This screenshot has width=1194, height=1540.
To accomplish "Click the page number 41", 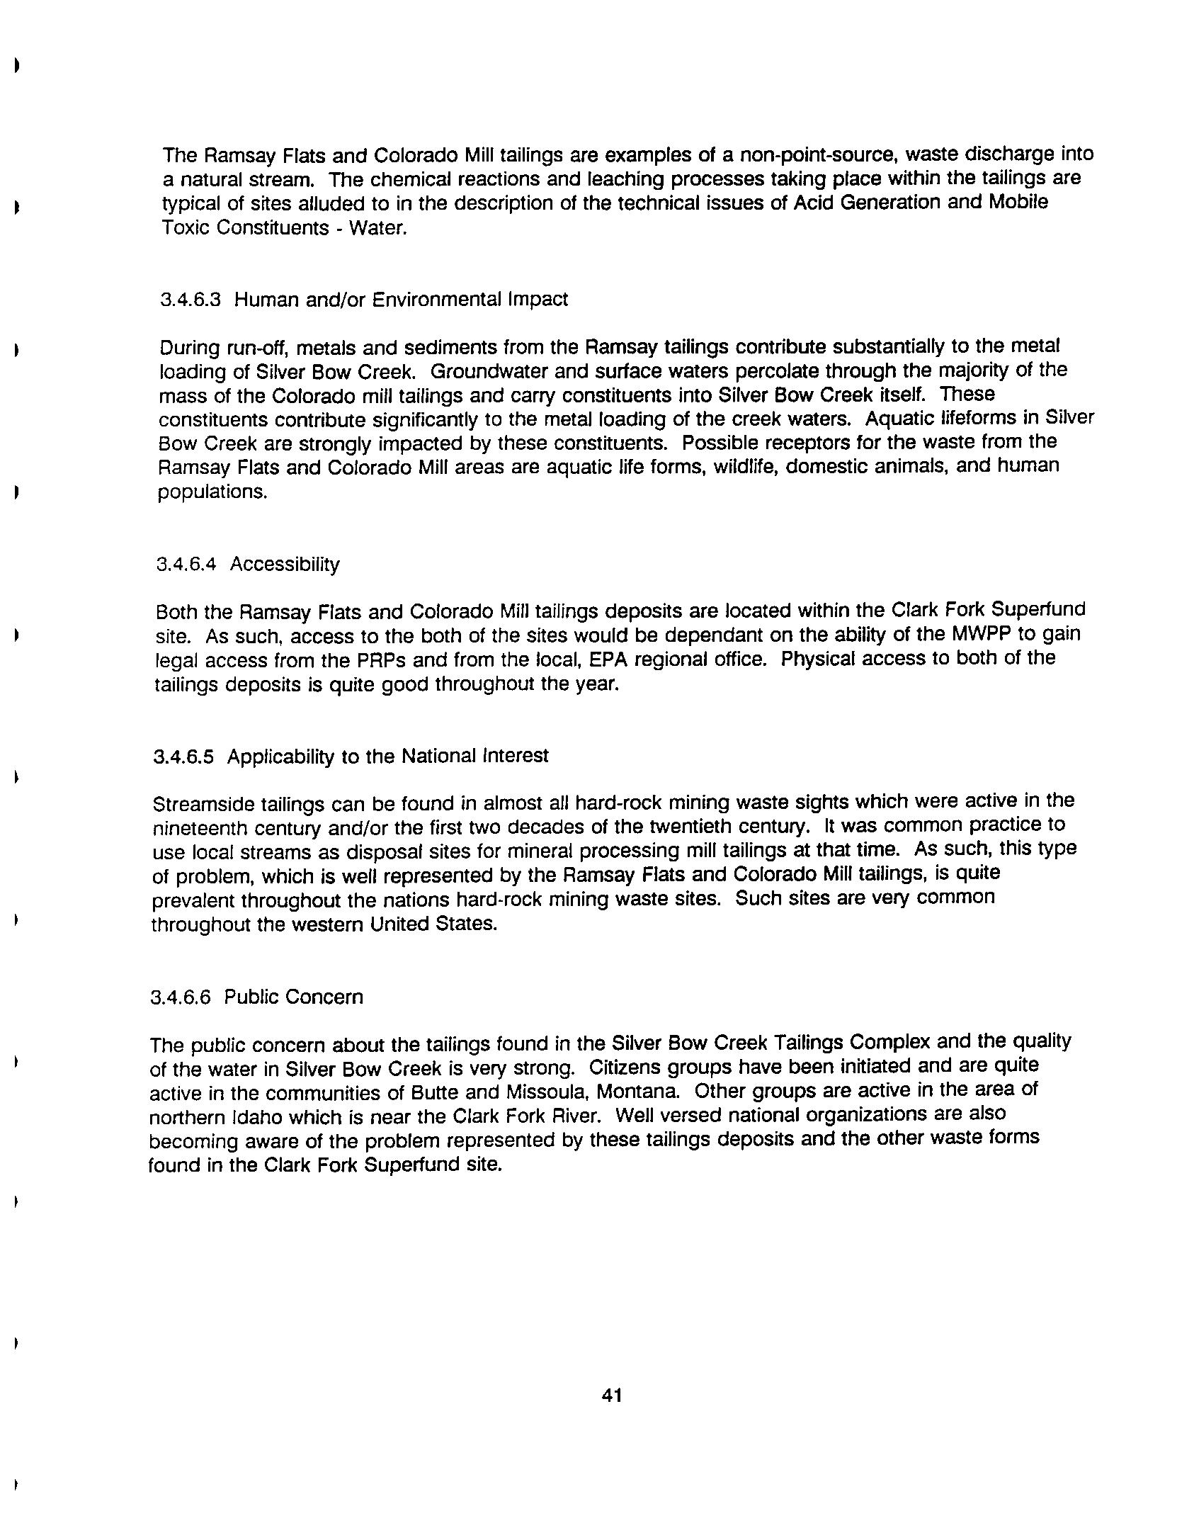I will click(611, 1395).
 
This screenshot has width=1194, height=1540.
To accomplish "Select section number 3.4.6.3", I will click(191, 300).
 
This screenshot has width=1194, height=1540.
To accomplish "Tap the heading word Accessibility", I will click(285, 565).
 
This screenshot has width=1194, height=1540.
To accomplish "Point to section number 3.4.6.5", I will click(183, 757).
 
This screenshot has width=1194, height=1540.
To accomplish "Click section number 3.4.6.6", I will click(181, 997).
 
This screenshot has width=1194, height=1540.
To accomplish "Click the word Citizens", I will click(627, 1067).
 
